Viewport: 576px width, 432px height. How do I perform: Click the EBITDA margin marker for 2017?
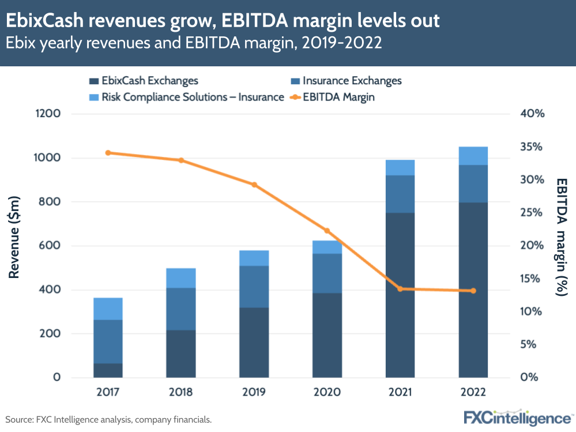[108, 153]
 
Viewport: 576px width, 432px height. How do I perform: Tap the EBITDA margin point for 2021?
[400, 288]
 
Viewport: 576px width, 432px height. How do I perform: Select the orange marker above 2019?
[254, 185]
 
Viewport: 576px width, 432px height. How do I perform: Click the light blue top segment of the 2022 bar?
[473, 156]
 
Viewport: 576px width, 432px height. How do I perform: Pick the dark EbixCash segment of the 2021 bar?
[400, 294]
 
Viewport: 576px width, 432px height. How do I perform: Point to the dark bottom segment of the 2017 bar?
[108, 370]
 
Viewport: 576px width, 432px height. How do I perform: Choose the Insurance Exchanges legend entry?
[346, 81]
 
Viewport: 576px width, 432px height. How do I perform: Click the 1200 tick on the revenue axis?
[48, 114]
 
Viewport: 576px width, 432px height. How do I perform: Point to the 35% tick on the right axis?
[532, 146]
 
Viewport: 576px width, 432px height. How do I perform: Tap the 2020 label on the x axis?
[327, 392]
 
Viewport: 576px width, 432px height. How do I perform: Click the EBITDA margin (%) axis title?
[561, 236]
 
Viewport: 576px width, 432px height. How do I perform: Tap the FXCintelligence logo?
[517, 416]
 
